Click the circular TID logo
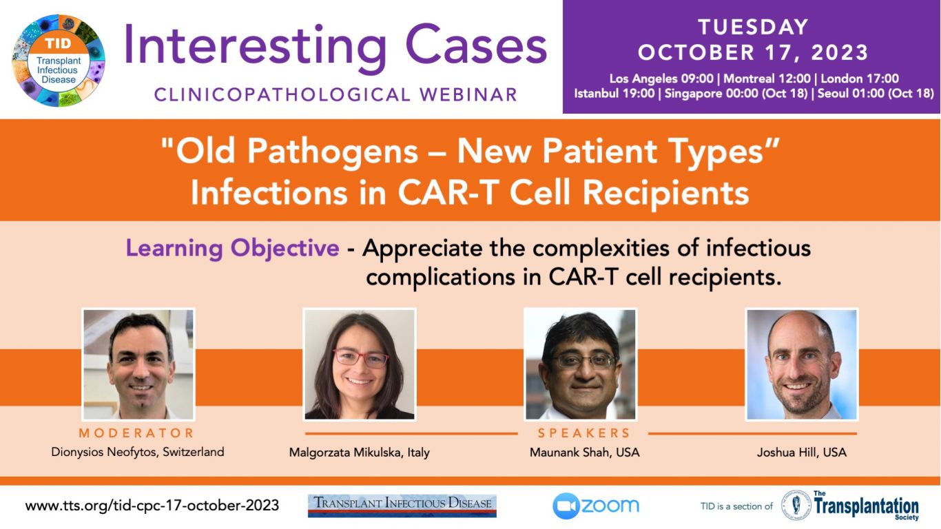pyautogui.click(x=59, y=61)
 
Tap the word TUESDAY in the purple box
pyautogui.click(x=753, y=28)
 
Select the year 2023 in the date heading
pyautogui.click(x=839, y=52)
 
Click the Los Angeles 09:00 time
pyautogui.click(x=661, y=79)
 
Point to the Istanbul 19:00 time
pyautogui.click(x=614, y=93)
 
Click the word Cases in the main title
pyautogui.click(x=476, y=45)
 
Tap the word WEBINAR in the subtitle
pyautogui.click(x=468, y=94)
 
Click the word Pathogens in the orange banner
pyautogui.click(x=332, y=152)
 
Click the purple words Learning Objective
pyautogui.click(x=232, y=248)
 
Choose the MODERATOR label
pyautogui.click(x=136, y=433)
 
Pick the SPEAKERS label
pyautogui.click(x=584, y=433)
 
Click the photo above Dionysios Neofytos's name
pyautogui.click(x=138, y=364)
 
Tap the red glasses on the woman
pyautogui.click(x=361, y=358)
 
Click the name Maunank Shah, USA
pyautogui.click(x=584, y=453)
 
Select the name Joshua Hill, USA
pyautogui.click(x=802, y=453)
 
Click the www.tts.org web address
pyautogui.click(x=152, y=506)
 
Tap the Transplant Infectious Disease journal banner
pyautogui.click(x=402, y=506)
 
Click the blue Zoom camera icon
pyautogui.click(x=566, y=506)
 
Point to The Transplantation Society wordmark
pyautogui.click(x=866, y=506)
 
